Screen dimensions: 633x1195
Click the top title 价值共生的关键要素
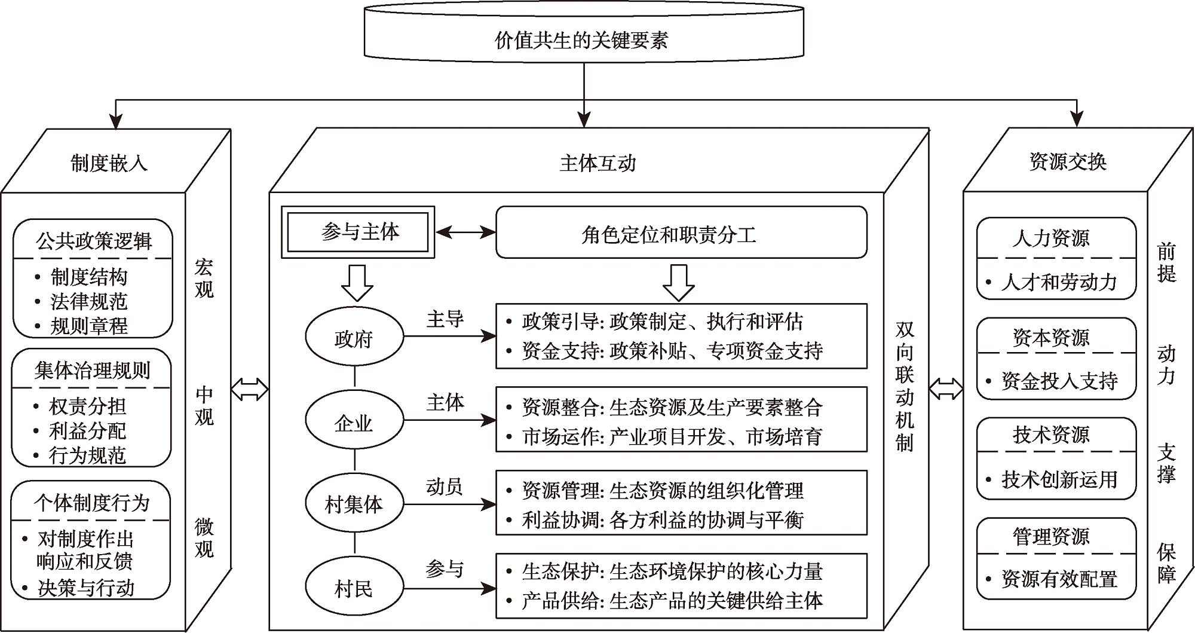click(x=583, y=40)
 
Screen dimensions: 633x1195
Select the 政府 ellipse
click(x=354, y=338)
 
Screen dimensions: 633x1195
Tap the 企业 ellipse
click(x=354, y=423)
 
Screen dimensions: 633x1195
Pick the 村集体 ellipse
click(x=354, y=504)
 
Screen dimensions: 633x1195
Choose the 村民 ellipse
click(x=354, y=589)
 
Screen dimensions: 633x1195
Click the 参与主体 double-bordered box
click(x=358, y=232)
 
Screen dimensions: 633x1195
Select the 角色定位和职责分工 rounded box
click(x=681, y=233)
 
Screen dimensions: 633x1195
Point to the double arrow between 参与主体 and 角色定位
click(x=465, y=232)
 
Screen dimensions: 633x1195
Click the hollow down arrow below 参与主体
click(x=357, y=282)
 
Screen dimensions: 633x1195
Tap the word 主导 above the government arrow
click(x=445, y=319)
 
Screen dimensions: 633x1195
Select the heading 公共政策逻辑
click(x=94, y=241)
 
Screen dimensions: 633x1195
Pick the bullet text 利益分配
click(x=88, y=431)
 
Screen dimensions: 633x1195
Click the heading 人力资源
click(x=1051, y=238)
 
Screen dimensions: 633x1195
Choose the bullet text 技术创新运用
click(x=1059, y=479)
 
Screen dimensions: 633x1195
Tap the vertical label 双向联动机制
click(x=905, y=387)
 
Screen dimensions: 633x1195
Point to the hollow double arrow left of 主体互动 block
click(x=250, y=389)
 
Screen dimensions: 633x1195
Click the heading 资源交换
click(x=1068, y=161)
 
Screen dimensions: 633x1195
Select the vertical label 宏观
click(x=204, y=279)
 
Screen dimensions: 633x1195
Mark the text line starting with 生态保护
click(x=672, y=571)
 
